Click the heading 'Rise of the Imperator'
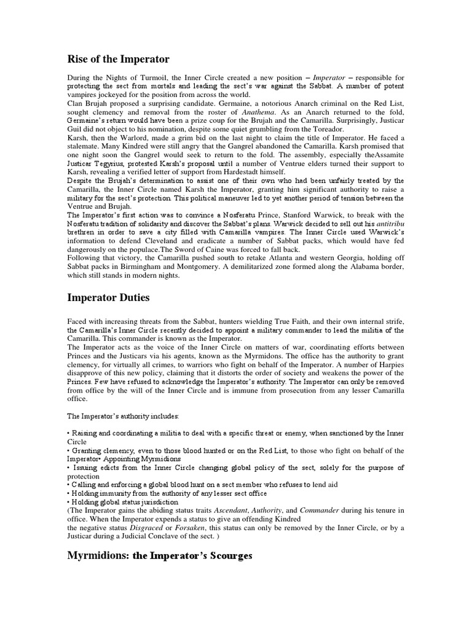(118, 59)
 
